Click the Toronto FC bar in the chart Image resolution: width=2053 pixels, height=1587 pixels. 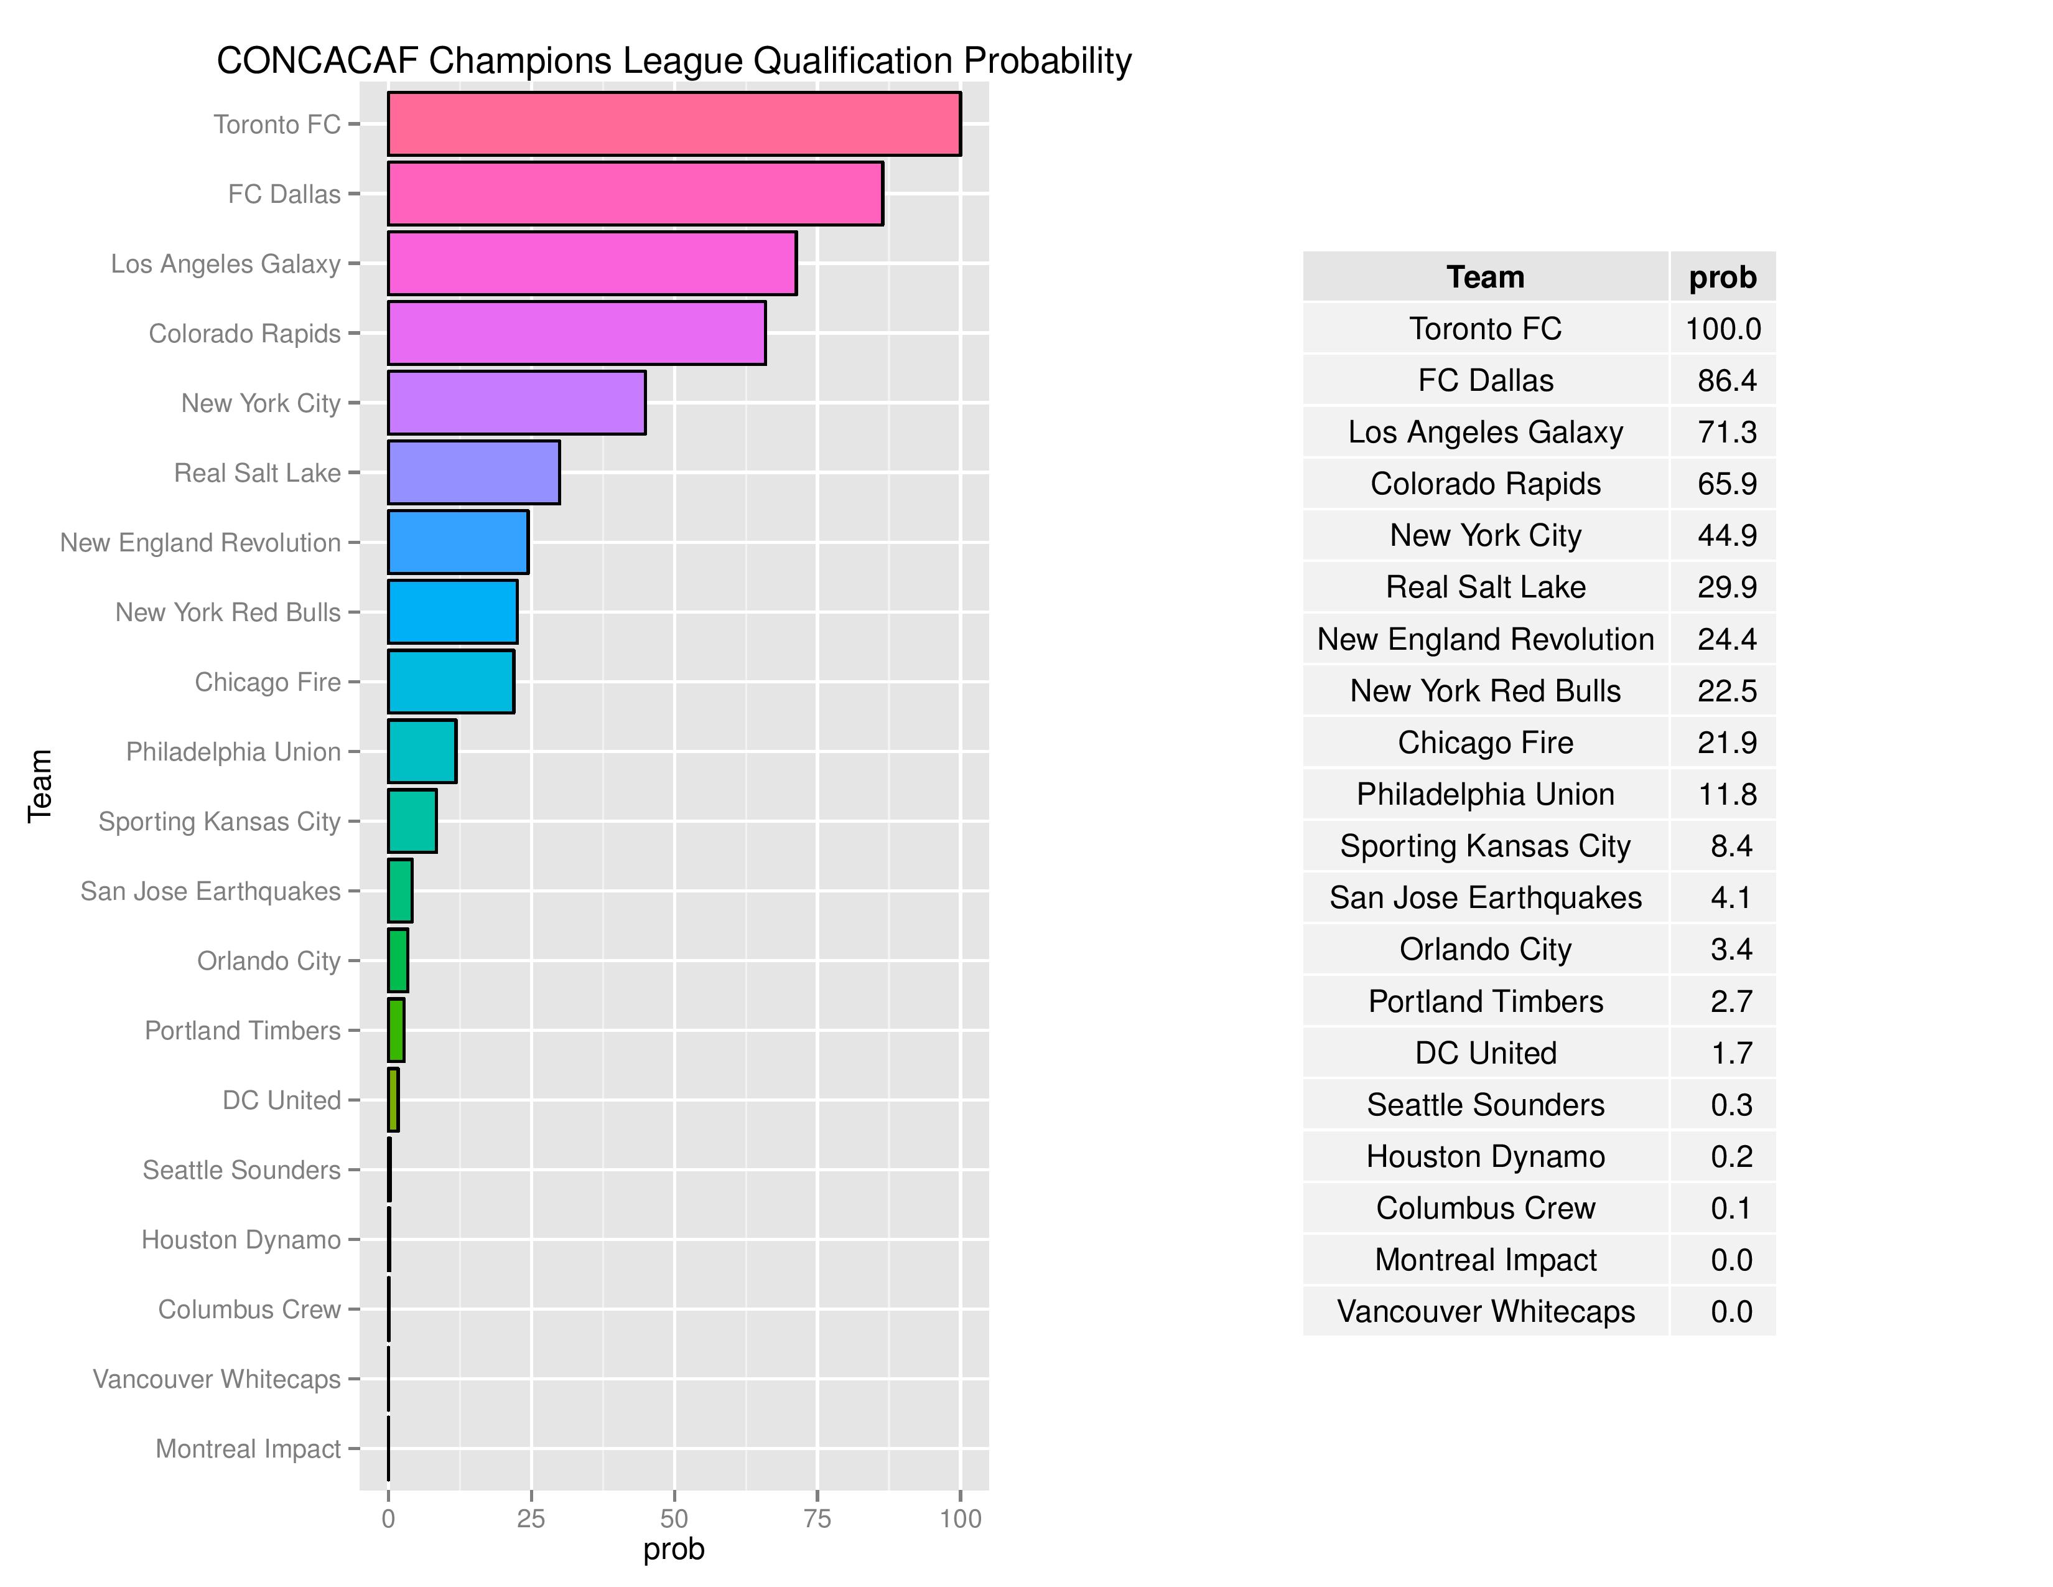click(674, 123)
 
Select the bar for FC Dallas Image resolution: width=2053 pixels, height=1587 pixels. click(635, 194)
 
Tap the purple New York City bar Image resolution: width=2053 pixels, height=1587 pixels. click(517, 403)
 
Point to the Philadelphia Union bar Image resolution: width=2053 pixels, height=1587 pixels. click(422, 751)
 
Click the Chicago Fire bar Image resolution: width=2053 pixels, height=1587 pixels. click(451, 681)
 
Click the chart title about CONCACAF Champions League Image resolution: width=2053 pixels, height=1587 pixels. click(674, 61)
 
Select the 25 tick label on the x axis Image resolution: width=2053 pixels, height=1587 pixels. click(531, 1519)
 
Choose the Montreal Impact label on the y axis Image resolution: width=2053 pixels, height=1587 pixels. click(248, 1449)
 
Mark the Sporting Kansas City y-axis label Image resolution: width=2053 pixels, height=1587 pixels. click(220, 822)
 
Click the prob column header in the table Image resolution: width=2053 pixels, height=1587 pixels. click(1722, 278)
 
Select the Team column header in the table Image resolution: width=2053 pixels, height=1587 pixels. click(1485, 278)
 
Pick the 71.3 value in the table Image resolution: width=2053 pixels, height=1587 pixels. click(1727, 431)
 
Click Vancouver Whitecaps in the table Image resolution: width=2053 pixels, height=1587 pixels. click(1485, 1311)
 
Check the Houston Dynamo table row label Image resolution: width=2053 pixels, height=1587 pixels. click(1485, 1156)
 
